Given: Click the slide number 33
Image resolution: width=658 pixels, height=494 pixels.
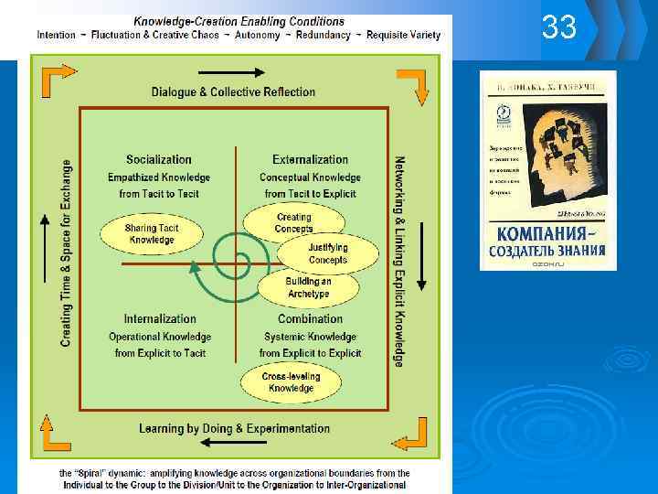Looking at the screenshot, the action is (559, 28).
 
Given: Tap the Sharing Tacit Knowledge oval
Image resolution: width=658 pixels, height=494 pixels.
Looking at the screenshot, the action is (152, 233).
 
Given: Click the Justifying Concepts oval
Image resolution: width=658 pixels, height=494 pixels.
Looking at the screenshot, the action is (327, 253).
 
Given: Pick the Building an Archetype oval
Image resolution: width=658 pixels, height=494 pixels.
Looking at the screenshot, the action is (308, 287).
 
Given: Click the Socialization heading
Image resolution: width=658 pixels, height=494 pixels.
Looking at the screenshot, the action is (159, 159).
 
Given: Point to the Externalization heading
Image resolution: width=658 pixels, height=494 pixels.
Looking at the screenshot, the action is (310, 159).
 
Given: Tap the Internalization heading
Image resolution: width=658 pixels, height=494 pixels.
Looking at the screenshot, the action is (159, 319).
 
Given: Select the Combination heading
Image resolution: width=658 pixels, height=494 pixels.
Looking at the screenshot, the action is (310, 319).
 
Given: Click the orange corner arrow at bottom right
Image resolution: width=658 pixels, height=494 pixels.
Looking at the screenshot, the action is (416, 435).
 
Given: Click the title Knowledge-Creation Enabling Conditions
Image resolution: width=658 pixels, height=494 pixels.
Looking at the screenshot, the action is (239, 20).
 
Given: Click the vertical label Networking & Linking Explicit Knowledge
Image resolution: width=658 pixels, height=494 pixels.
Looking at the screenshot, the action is (399, 262).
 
